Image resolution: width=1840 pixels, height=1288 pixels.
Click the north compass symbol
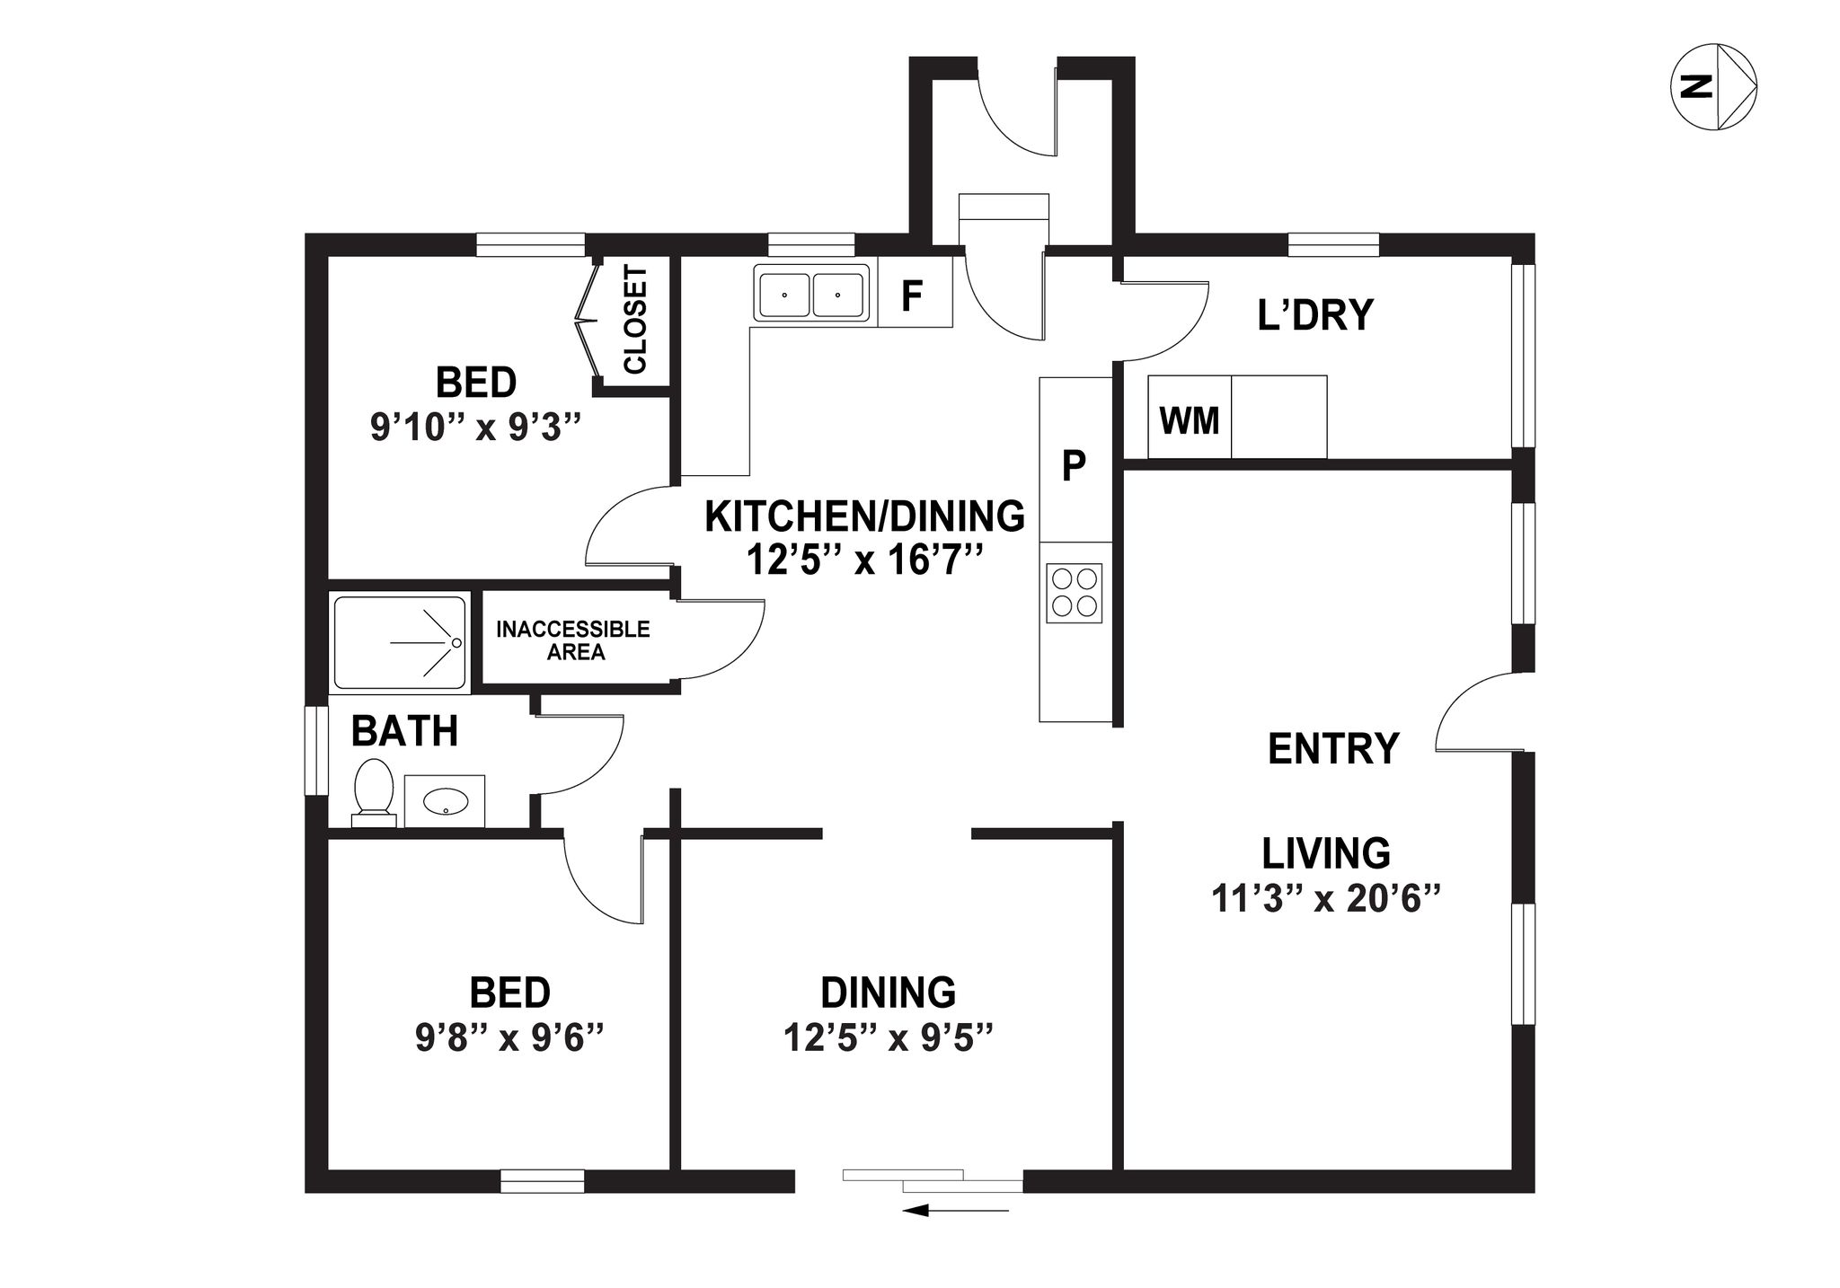(1713, 87)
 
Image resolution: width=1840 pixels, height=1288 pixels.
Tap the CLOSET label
(635, 320)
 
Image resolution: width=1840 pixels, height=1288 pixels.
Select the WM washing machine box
(1190, 417)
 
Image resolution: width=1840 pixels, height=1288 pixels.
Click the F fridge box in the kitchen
(915, 292)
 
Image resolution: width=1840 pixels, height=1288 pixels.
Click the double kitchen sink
(811, 293)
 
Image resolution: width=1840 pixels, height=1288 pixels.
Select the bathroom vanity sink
(445, 801)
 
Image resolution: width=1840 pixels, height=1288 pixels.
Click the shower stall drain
(456, 643)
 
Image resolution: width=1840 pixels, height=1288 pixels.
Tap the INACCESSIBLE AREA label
(573, 640)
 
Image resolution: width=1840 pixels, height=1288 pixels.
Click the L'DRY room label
(1315, 315)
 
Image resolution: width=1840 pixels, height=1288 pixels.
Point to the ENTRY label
(1333, 748)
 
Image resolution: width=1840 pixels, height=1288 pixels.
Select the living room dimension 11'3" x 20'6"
(1326, 898)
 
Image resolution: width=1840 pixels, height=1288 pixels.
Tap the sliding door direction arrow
(955, 1211)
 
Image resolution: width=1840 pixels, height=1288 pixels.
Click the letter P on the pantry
(1075, 465)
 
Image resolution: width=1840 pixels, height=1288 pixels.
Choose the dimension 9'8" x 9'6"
(509, 1038)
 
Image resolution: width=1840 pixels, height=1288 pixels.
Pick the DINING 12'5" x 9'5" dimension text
(888, 1038)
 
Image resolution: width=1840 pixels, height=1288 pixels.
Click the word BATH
(404, 731)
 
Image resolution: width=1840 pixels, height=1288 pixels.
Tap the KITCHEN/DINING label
(864, 516)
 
